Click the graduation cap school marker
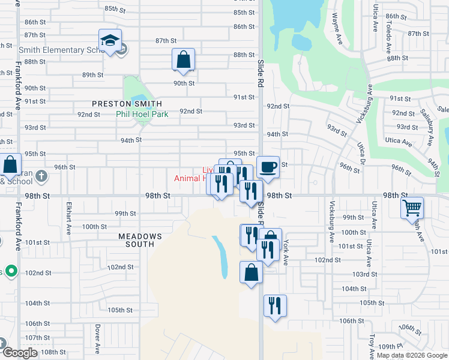pyautogui.click(x=110, y=40)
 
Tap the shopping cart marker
pyautogui.click(x=412, y=208)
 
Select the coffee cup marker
pyautogui.click(x=268, y=167)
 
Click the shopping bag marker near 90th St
pyautogui.click(x=183, y=59)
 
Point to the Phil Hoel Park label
pyautogui.click(x=142, y=113)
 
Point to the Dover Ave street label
pyautogui.click(x=97, y=339)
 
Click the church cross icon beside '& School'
pyautogui.click(x=41, y=176)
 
